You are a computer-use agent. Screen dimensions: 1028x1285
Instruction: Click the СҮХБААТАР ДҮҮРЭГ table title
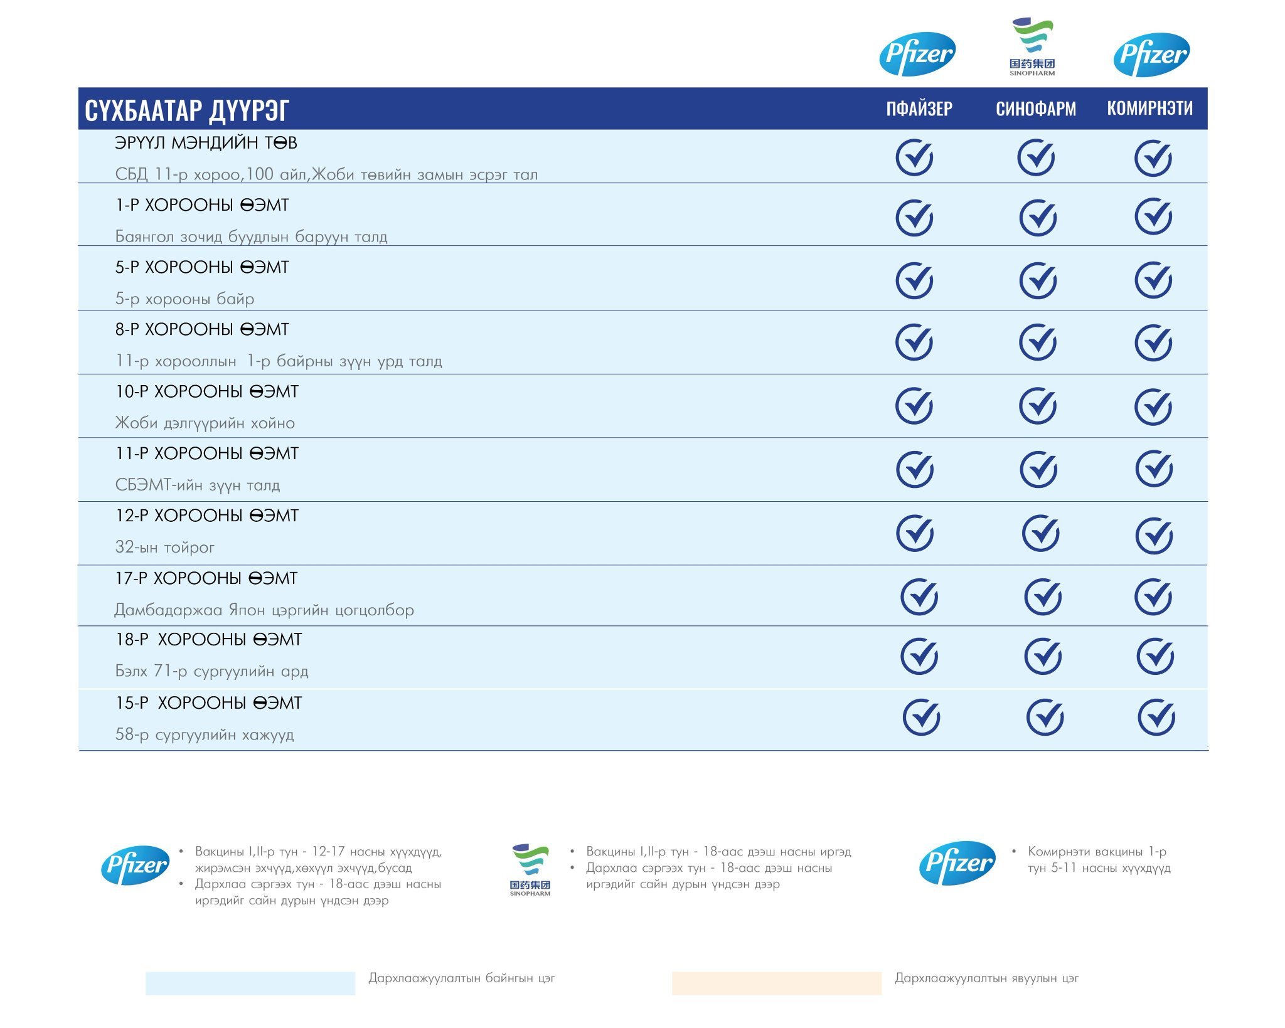tap(186, 110)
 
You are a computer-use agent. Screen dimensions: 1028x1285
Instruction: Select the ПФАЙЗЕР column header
tap(919, 109)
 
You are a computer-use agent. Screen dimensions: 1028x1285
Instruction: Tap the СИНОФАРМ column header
tap(1035, 109)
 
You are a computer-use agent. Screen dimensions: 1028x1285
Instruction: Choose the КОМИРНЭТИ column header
tap(1149, 109)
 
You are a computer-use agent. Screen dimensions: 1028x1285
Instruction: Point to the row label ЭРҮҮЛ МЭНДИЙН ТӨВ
tap(206, 143)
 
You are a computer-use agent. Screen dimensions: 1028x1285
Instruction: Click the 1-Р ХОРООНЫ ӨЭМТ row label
tap(202, 205)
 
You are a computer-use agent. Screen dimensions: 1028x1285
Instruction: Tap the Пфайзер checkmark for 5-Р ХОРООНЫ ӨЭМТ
tap(914, 280)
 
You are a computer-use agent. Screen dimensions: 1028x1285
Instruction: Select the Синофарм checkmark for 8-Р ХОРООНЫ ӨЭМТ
tap(1038, 342)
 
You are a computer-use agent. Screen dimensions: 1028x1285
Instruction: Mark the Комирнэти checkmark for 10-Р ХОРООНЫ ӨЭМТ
tap(1153, 406)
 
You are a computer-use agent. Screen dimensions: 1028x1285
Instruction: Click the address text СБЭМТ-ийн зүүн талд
tap(198, 485)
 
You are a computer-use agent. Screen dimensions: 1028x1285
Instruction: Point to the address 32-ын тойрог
tap(164, 548)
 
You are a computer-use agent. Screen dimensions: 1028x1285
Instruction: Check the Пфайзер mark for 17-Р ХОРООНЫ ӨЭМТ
tap(919, 596)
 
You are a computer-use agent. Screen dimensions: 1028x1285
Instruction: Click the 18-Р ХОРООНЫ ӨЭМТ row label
tap(208, 640)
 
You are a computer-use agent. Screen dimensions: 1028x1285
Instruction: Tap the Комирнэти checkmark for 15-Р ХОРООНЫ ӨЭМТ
tap(1156, 717)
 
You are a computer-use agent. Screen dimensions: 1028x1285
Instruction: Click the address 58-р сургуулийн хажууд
tap(205, 734)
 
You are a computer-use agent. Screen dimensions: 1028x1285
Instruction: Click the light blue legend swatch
tap(250, 983)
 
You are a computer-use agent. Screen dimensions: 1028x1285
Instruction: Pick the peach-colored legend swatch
tap(776, 983)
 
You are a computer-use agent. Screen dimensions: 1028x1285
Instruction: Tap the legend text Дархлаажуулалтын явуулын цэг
tap(986, 978)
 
